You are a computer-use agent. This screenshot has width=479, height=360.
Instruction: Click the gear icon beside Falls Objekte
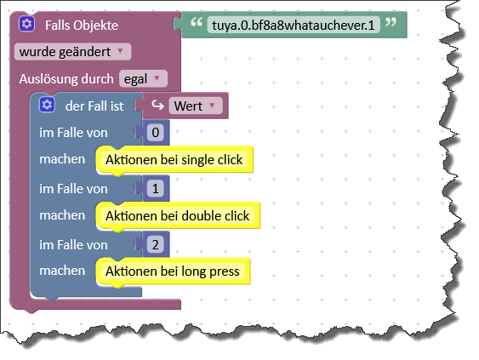coord(26,24)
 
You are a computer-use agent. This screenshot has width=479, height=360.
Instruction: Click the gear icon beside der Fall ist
coord(47,105)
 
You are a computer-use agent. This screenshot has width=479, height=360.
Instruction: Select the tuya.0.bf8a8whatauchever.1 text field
coord(294,25)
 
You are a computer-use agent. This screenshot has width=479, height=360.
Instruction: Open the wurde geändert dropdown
coord(72,52)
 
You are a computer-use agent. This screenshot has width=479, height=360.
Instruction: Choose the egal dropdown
coord(143,79)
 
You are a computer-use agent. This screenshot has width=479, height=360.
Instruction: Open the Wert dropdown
coord(196,106)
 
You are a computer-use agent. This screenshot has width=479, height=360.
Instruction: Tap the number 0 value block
coord(156,132)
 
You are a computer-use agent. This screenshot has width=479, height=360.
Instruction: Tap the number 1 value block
coord(156,189)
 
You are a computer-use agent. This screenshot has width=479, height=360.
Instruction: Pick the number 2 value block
coord(156,245)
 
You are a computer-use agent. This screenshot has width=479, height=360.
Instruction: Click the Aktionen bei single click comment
coord(174,159)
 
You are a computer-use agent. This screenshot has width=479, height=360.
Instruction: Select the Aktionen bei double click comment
coord(178,216)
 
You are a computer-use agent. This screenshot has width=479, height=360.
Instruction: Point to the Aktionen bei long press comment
coord(173,271)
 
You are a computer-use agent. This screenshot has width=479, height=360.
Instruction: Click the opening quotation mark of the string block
coord(197,22)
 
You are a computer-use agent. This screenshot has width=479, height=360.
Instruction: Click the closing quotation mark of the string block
coord(391,22)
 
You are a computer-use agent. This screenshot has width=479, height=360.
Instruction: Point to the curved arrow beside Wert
coord(157,106)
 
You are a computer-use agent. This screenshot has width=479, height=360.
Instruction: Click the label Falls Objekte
coord(82,26)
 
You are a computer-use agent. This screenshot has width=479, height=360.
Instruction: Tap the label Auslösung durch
coord(66,79)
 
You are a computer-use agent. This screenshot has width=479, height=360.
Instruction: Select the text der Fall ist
coord(94,106)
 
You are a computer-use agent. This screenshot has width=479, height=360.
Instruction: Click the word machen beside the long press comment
coord(62,271)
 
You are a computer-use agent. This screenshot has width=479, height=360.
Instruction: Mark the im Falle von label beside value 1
coord(73,189)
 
